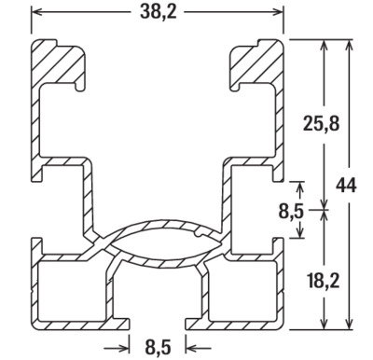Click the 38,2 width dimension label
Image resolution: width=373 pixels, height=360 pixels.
pyautogui.click(x=158, y=12)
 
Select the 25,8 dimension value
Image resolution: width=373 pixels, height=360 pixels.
pyautogui.click(x=321, y=124)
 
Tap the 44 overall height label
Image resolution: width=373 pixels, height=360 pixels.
pyautogui.click(x=346, y=186)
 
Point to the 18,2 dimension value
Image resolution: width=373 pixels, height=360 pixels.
pyautogui.click(x=322, y=280)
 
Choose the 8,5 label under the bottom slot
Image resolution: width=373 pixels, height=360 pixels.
pyautogui.click(x=158, y=347)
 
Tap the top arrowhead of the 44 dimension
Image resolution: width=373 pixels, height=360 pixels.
pyautogui.click(x=350, y=46)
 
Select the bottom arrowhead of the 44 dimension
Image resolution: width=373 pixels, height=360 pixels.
pyautogui.click(x=350, y=323)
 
